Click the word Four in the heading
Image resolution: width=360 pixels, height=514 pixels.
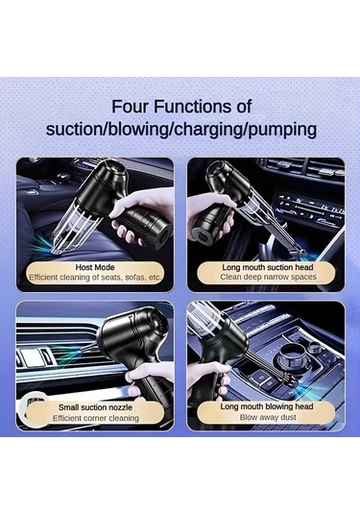coord(131,107)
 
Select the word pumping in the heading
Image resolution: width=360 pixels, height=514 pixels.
coord(282,130)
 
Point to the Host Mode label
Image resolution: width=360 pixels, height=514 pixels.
coord(95,267)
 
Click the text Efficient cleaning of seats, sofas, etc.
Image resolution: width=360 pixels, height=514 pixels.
coord(95,278)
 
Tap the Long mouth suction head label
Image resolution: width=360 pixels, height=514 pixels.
coord(268,267)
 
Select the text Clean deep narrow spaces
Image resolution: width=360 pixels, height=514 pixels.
coord(268,278)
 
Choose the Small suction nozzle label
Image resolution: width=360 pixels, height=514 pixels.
coord(95,407)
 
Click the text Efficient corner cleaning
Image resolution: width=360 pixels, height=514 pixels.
coord(96,418)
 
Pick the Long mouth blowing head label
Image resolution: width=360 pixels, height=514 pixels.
coord(267,407)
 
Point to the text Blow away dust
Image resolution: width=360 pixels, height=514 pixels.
coord(268,417)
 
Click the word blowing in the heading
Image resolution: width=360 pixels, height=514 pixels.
coord(138,130)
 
